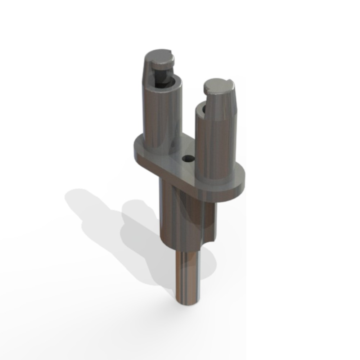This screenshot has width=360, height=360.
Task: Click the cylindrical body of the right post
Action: point(216,144)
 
